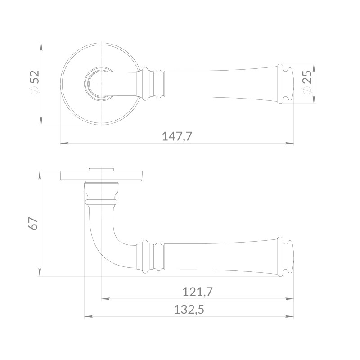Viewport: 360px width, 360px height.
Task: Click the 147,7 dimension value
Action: point(177,136)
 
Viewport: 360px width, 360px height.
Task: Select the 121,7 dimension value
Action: point(198,292)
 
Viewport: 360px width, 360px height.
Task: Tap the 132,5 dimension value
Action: point(189,310)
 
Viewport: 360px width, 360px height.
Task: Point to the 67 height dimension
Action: point(33,223)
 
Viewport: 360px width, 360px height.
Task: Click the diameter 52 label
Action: point(35,82)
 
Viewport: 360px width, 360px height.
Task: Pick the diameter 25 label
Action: point(307,82)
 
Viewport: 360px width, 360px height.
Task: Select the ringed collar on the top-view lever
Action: point(150,84)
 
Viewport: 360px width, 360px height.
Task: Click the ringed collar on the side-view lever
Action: point(150,256)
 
